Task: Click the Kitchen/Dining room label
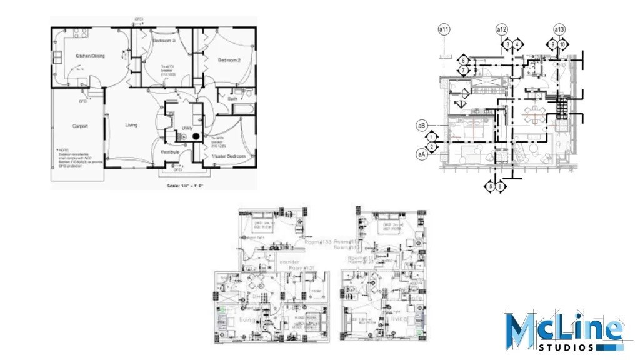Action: pyautogui.click(x=90, y=56)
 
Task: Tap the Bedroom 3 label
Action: pyautogui.click(x=164, y=41)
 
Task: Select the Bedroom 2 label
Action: pyautogui.click(x=229, y=60)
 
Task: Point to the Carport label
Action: pyautogui.click(x=80, y=126)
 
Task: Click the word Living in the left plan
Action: pyautogui.click(x=131, y=125)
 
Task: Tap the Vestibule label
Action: pyautogui.click(x=169, y=152)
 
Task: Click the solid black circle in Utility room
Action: pyautogui.click(x=196, y=135)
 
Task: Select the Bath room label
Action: pyautogui.click(x=232, y=99)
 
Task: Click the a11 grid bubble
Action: pyautogui.click(x=444, y=29)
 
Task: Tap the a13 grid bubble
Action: pyautogui.click(x=559, y=29)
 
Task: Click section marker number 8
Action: pyautogui.click(x=463, y=60)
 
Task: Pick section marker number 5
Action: pyautogui.click(x=491, y=186)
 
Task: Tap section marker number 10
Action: pyautogui.click(x=562, y=44)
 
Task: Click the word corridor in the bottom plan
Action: pyautogui.click(x=289, y=262)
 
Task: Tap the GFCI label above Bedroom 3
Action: pyautogui.click(x=139, y=20)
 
